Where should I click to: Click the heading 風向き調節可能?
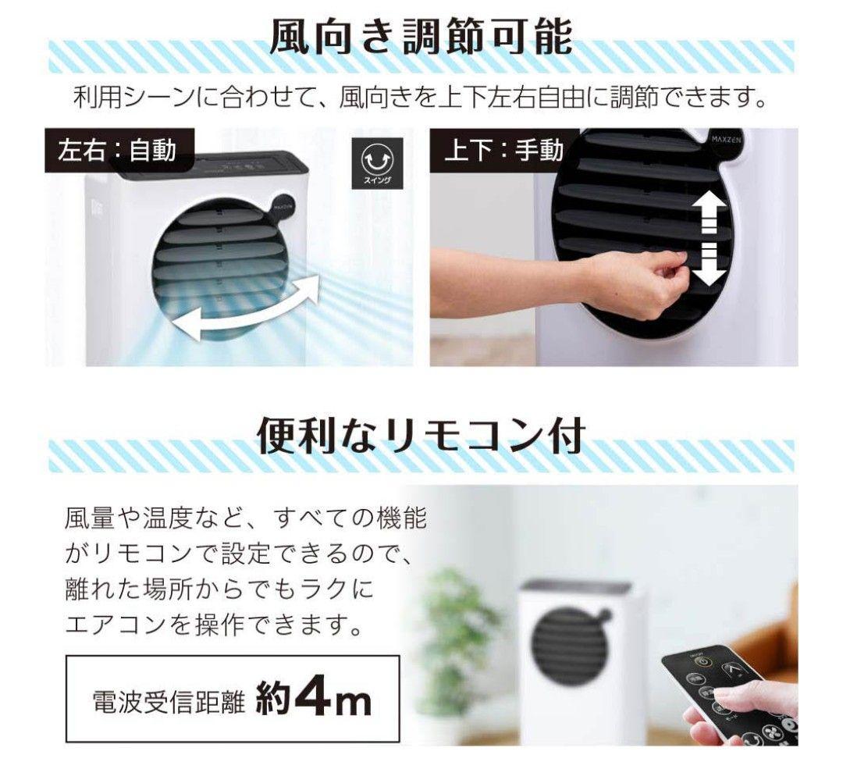coord(421,37)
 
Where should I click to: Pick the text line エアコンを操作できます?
coord(214,624)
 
